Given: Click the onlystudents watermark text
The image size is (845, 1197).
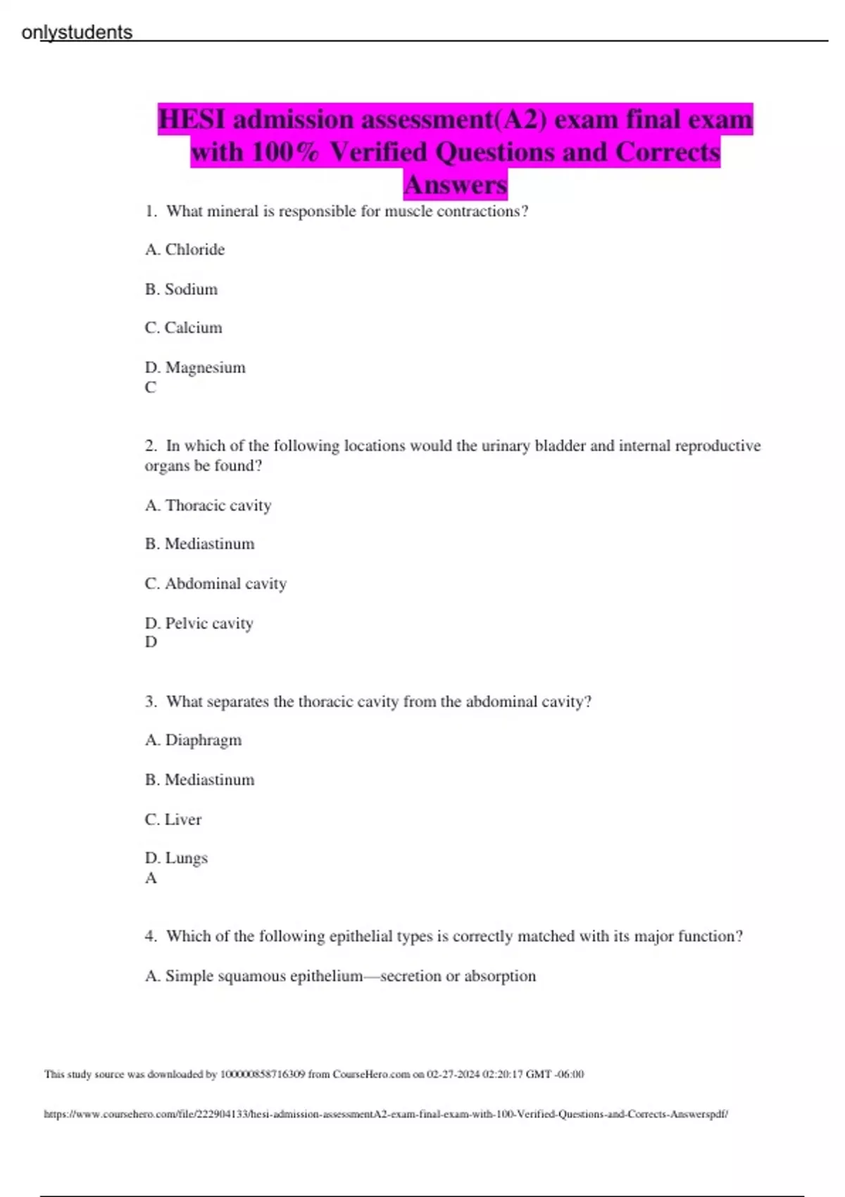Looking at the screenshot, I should click(77, 32).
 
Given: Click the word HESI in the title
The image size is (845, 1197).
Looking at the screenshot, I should click(191, 120).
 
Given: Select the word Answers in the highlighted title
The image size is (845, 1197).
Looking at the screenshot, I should click(456, 184).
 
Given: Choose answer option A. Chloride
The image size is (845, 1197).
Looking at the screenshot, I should click(184, 249).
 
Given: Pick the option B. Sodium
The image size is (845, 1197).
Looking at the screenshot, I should click(181, 289).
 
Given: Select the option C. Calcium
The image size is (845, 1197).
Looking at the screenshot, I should click(183, 328).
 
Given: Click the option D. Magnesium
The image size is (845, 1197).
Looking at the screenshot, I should click(195, 368).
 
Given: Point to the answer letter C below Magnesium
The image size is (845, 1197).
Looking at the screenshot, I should click(151, 387).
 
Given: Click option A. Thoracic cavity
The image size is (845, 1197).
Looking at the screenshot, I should click(208, 506).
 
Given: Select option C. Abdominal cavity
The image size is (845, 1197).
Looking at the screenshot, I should click(215, 584).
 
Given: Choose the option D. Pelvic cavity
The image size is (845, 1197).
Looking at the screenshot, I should click(199, 623).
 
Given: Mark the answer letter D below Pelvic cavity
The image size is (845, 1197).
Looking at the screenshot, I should click(151, 642).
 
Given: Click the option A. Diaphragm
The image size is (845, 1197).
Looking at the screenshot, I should click(193, 740).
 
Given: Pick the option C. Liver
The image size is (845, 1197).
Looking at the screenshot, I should click(173, 820).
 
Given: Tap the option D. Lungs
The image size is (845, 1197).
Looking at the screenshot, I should click(176, 858).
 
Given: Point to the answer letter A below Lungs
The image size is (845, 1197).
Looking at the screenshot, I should click(151, 878).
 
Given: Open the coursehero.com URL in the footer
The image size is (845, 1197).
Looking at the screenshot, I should click(386, 1114).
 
